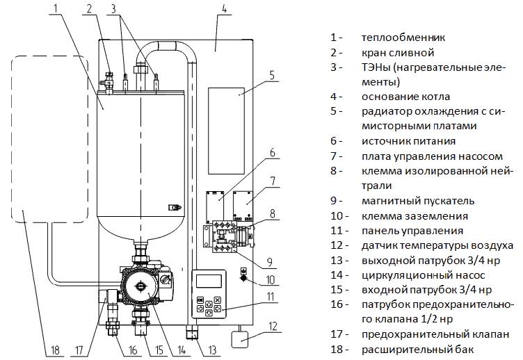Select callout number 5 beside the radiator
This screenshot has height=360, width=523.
(272, 74)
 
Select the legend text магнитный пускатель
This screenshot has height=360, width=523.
(418, 200)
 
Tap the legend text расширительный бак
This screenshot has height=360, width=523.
(417, 349)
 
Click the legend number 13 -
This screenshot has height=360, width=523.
(339, 260)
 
